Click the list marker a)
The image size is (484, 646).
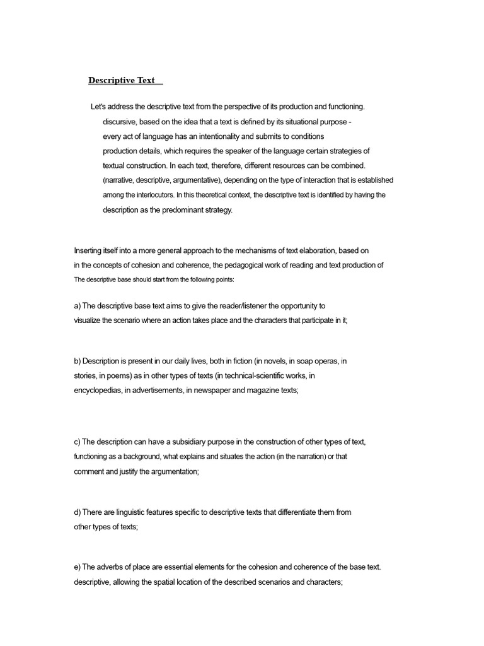pos(78,306)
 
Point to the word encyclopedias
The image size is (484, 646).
pos(97,391)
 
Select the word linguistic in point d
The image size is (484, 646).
pos(129,512)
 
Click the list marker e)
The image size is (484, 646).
pos(78,567)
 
